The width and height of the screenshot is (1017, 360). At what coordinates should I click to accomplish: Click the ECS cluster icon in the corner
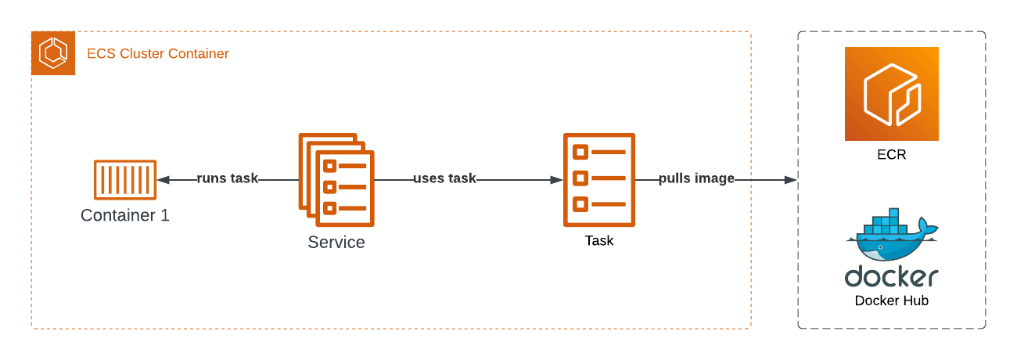(x=53, y=53)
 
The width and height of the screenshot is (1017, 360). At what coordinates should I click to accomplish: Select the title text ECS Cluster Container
(x=157, y=54)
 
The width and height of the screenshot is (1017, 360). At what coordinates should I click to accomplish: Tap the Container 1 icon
(x=125, y=179)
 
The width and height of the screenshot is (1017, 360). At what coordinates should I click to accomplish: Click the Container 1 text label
(x=125, y=215)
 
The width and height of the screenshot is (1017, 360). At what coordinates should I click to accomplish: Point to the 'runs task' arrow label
(x=227, y=178)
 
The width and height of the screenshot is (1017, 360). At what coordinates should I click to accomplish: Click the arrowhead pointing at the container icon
(x=162, y=179)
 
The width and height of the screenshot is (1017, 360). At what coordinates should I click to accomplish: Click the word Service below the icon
(x=336, y=242)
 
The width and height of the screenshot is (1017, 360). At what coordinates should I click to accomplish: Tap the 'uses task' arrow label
(x=444, y=178)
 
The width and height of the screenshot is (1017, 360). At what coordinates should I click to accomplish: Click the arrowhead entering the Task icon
(x=557, y=179)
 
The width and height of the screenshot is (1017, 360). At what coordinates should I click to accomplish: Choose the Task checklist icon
(x=599, y=179)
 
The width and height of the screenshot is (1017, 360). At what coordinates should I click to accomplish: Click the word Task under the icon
(x=599, y=241)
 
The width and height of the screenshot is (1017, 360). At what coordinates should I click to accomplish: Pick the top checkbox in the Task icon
(x=580, y=151)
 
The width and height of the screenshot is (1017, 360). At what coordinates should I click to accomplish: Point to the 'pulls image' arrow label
(x=696, y=178)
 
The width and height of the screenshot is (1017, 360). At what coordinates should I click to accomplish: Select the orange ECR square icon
(x=892, y=94)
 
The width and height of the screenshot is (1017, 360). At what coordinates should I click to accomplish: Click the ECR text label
(x=892, y=155)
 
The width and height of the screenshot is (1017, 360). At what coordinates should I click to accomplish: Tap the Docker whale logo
(x=892, y=236)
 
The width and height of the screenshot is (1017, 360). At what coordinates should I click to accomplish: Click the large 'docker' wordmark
(x=892, y=276)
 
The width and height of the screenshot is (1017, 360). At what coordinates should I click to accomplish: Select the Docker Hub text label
(x=892, y=301)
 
